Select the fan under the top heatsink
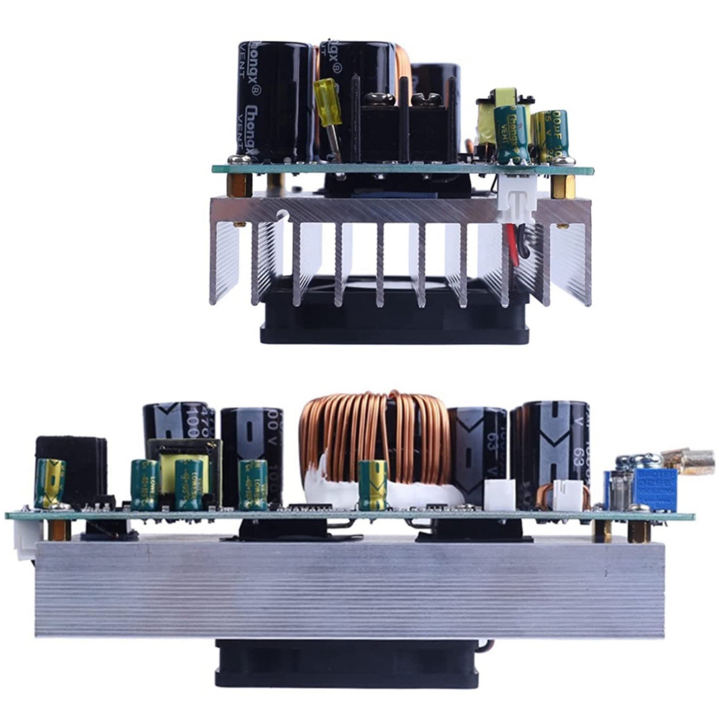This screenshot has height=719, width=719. (395, 316)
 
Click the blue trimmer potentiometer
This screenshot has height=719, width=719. (654, 488)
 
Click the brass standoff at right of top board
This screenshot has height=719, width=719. (562, 187)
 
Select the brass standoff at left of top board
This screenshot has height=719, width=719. (239, 185)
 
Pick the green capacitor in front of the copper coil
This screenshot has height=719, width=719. (372, 484)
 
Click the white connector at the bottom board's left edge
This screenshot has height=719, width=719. (24, 538)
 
